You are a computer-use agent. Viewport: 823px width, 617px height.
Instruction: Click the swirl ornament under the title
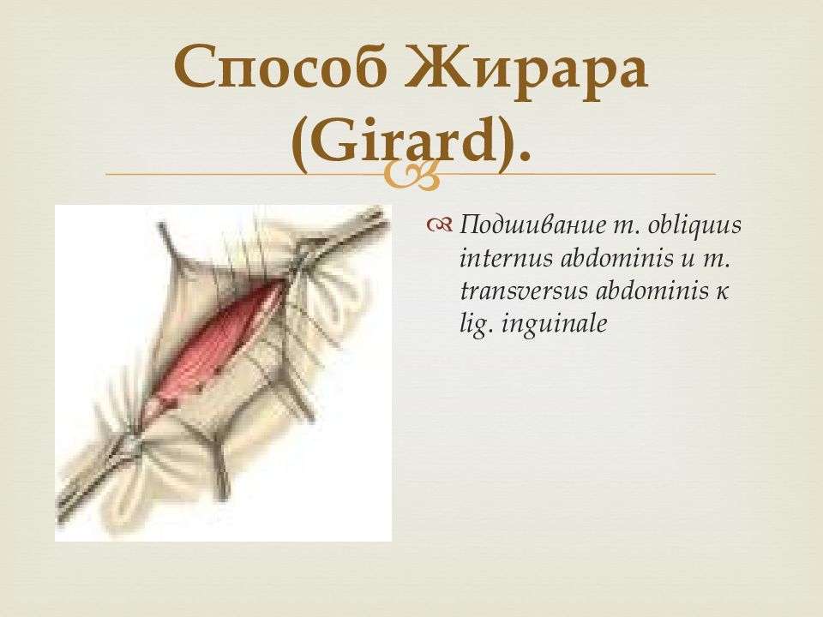coord(411,175)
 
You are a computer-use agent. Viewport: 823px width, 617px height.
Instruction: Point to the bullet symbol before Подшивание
coord(439,225)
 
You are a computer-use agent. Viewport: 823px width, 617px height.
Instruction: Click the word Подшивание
coord(532,226)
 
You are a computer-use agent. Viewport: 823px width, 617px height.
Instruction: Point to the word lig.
coord(478,324)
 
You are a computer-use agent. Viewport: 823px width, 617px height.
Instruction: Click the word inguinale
coord(555,324)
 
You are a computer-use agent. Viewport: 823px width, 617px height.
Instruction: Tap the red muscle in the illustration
coord(220,344)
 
